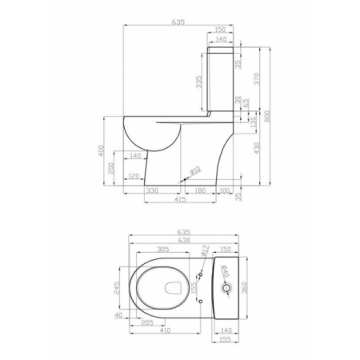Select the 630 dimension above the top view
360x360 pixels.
click(x=184, y=239)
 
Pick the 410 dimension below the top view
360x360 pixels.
click(x=165, y=330)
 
